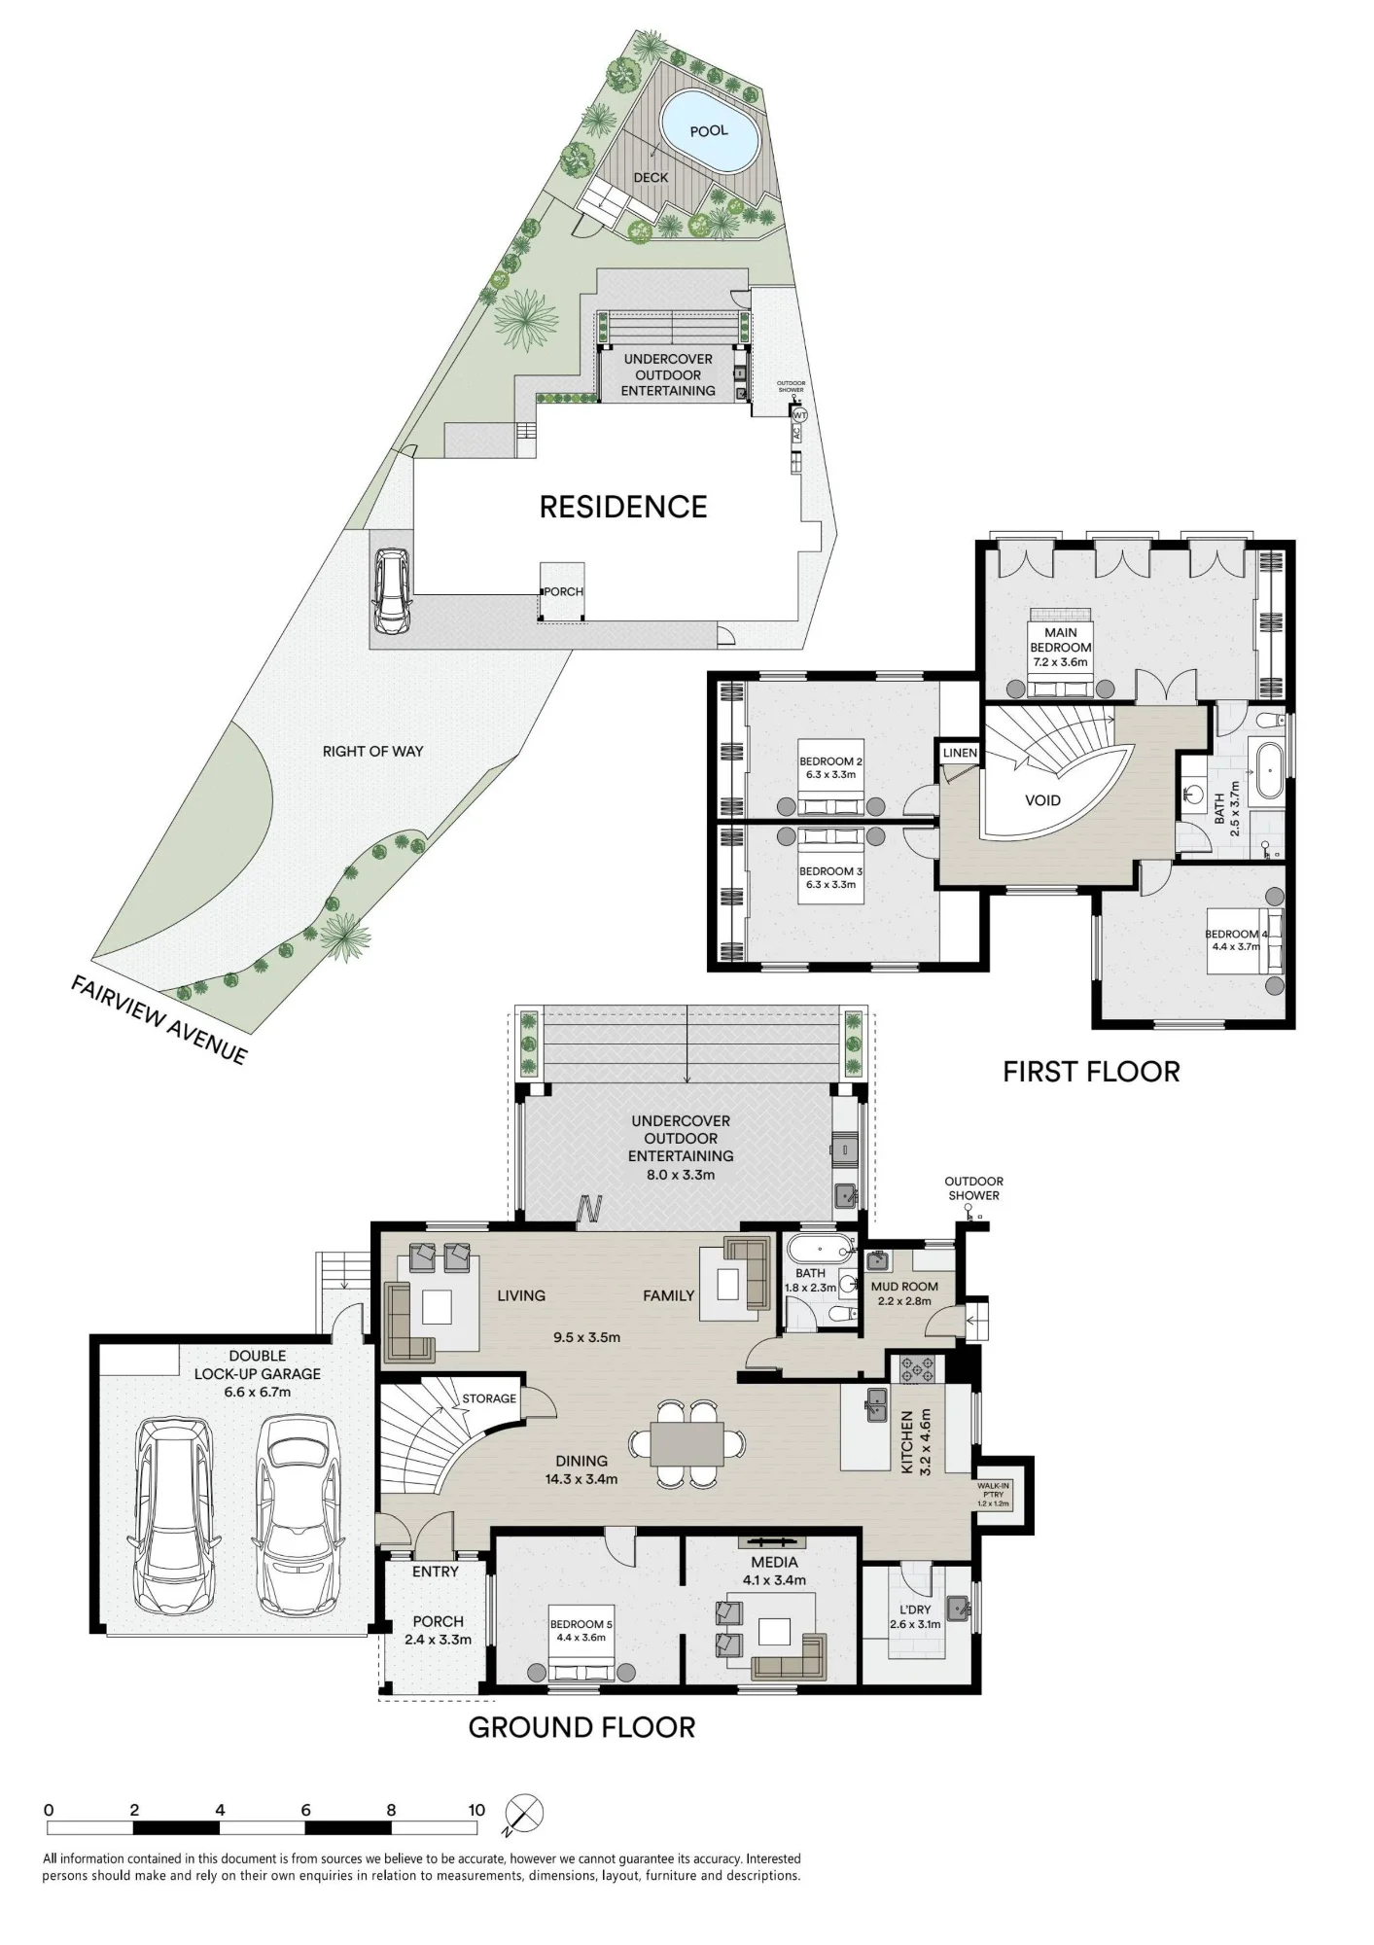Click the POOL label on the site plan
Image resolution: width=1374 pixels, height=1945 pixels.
(x=709, y=130)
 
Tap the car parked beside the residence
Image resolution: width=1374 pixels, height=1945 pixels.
(x=392, y=591)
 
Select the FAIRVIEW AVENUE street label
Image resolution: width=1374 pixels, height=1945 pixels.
(x=159, y=1019)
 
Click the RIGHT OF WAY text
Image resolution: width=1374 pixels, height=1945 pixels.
(x=372, y=751)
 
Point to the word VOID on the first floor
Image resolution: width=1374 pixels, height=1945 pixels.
(x=1042, y=800)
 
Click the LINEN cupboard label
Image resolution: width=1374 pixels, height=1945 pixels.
(x=960, y=753)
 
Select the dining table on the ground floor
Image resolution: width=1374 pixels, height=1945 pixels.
(x=687, y=1443)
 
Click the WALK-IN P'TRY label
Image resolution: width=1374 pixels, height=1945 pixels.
(x=994, y=1495)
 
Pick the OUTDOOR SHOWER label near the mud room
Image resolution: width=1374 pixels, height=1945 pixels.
(x=973, y=1188)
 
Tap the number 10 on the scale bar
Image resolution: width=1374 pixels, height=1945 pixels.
(x=476, y=1810)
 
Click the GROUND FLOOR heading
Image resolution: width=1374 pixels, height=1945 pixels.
(x=581, y=1727)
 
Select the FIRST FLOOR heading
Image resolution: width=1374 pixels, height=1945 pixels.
(x=1091, y=1072)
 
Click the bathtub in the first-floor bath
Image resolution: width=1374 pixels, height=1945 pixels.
(x=1267, y=771)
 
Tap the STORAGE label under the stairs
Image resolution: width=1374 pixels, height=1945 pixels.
(x=489, y=1398)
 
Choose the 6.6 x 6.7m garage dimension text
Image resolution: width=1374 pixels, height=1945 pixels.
(x=258, y=1392)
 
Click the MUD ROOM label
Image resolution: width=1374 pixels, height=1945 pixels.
(x=904, y=1286)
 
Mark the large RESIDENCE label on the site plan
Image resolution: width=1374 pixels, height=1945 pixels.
(x=623, y=507)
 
